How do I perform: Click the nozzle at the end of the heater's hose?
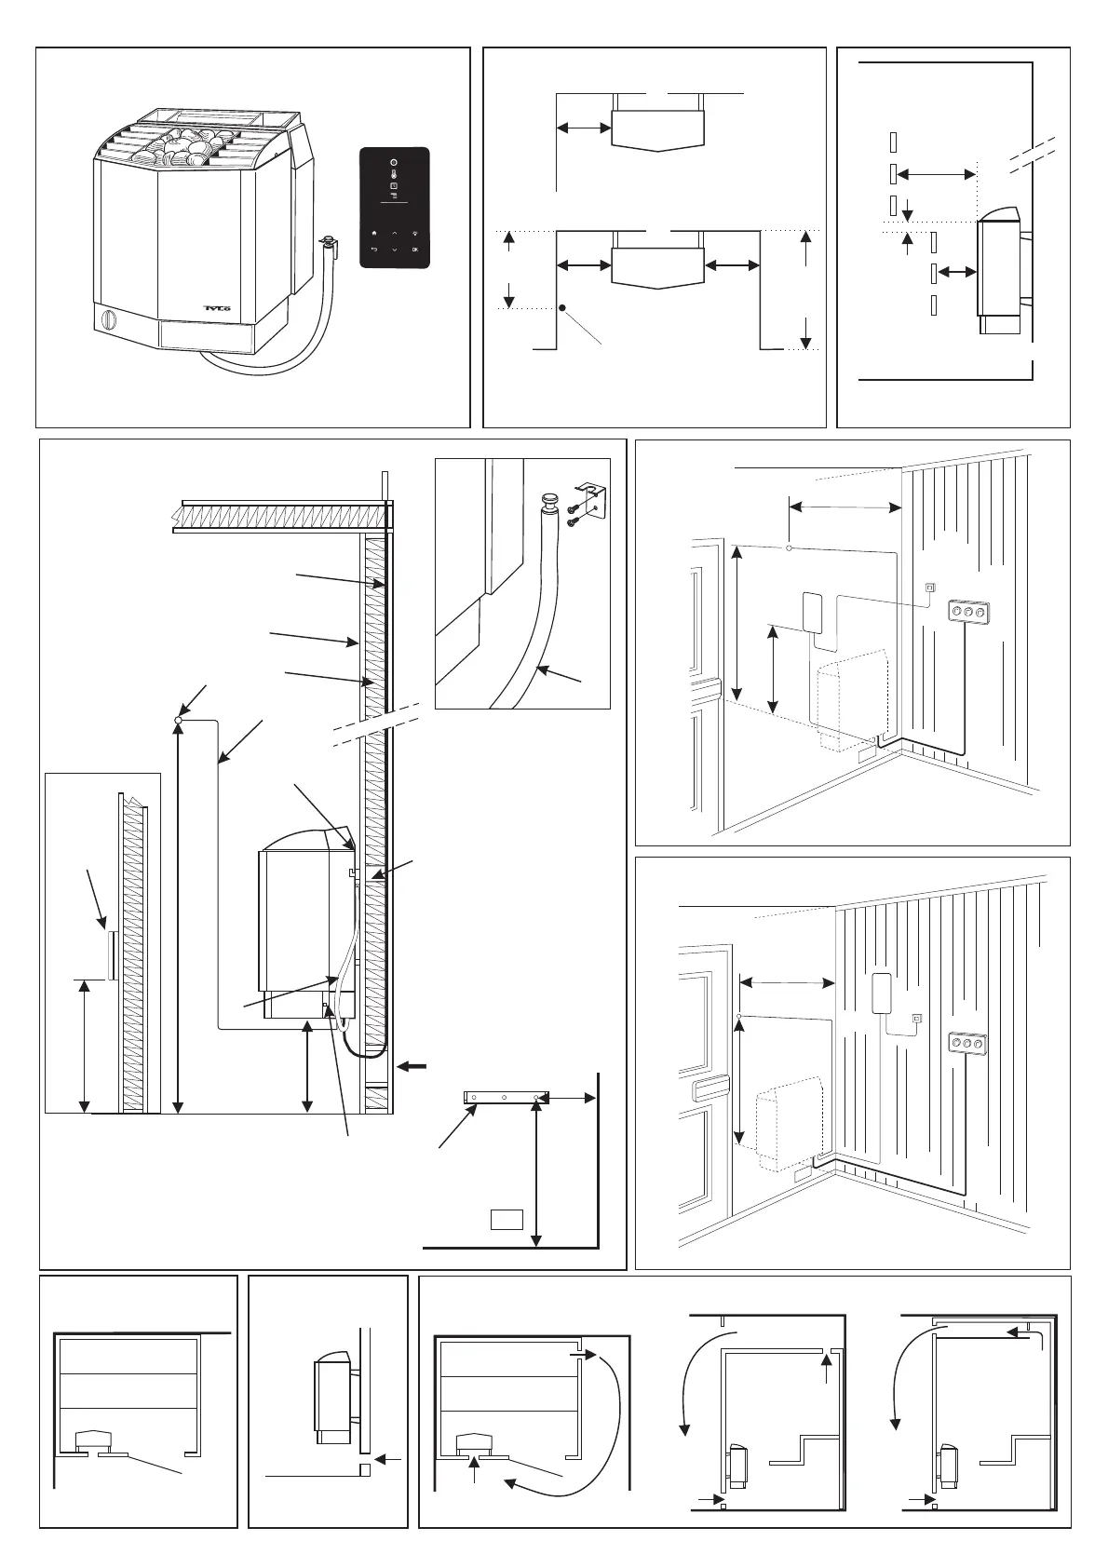[327, 245]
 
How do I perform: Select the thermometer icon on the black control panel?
[393, 174]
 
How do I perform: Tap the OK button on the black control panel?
[415, 250]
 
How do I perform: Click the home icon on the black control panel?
[373, 235]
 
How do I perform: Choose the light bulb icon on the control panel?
[415, 235]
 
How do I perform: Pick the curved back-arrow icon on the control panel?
[373, 250]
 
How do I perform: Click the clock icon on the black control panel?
[393, 186]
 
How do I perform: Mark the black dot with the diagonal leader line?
[563, 308]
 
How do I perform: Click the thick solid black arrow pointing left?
[416, 1067]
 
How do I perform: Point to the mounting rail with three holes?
[507, 1099]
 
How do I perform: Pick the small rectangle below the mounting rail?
[507, 1219]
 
